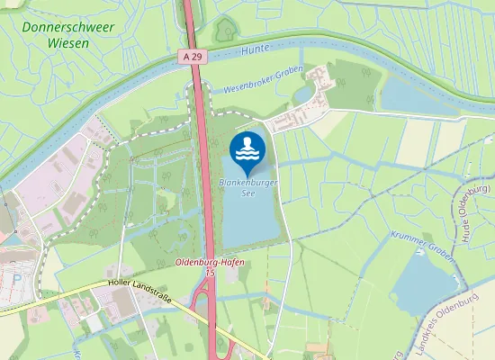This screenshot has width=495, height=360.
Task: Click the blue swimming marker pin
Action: click(247, 152)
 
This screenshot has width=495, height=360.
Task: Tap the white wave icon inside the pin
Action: click(247, 148)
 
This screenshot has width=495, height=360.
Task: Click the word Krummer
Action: click(405, 234)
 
